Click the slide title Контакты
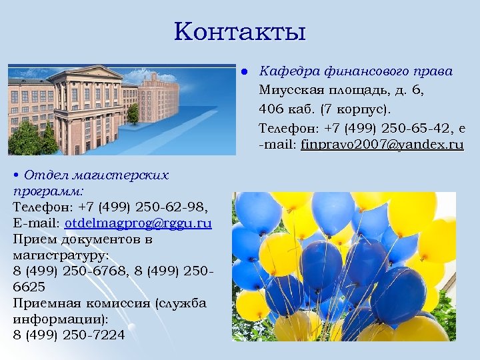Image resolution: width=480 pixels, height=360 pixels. coord(240,31)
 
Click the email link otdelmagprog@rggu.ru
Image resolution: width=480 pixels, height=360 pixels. coord(138,223)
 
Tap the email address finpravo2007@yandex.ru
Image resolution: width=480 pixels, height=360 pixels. coord(382,144)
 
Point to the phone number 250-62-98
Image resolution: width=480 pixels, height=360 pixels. coord(174,207)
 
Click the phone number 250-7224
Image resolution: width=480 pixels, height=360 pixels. coord(93,335)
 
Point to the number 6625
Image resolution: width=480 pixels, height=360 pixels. coord(29,287)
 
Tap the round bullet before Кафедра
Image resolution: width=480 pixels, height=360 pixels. coord(245,71)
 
